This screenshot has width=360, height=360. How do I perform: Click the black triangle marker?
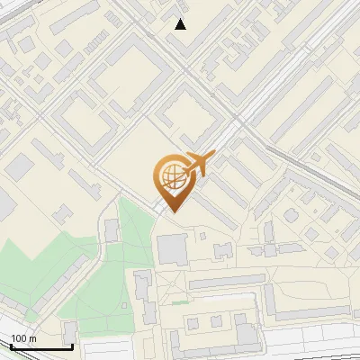pyautogui.click(x=181, y=24)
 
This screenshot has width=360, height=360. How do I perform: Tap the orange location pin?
pyautogui.click(x=172, y=180)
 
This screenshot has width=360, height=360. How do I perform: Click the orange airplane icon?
pyautogui.click(x=198, y=165)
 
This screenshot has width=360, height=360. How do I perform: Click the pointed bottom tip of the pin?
pyautogui.click(x=172, y=211)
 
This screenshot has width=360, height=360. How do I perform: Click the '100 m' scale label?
pyautogui.click(x=23, y=338)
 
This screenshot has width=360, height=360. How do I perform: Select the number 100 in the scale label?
pyautogui.click(x=18, y=338)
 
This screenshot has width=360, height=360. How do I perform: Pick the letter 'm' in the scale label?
pyautogui.click(x=31, y=338)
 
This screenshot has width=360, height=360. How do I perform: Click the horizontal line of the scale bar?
pyautogui.click(x=41, y=346)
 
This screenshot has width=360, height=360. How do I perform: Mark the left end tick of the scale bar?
pyautogui.click(x=10, y=345)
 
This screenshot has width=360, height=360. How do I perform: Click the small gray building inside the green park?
pyautogui.click(x=112, y=230)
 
